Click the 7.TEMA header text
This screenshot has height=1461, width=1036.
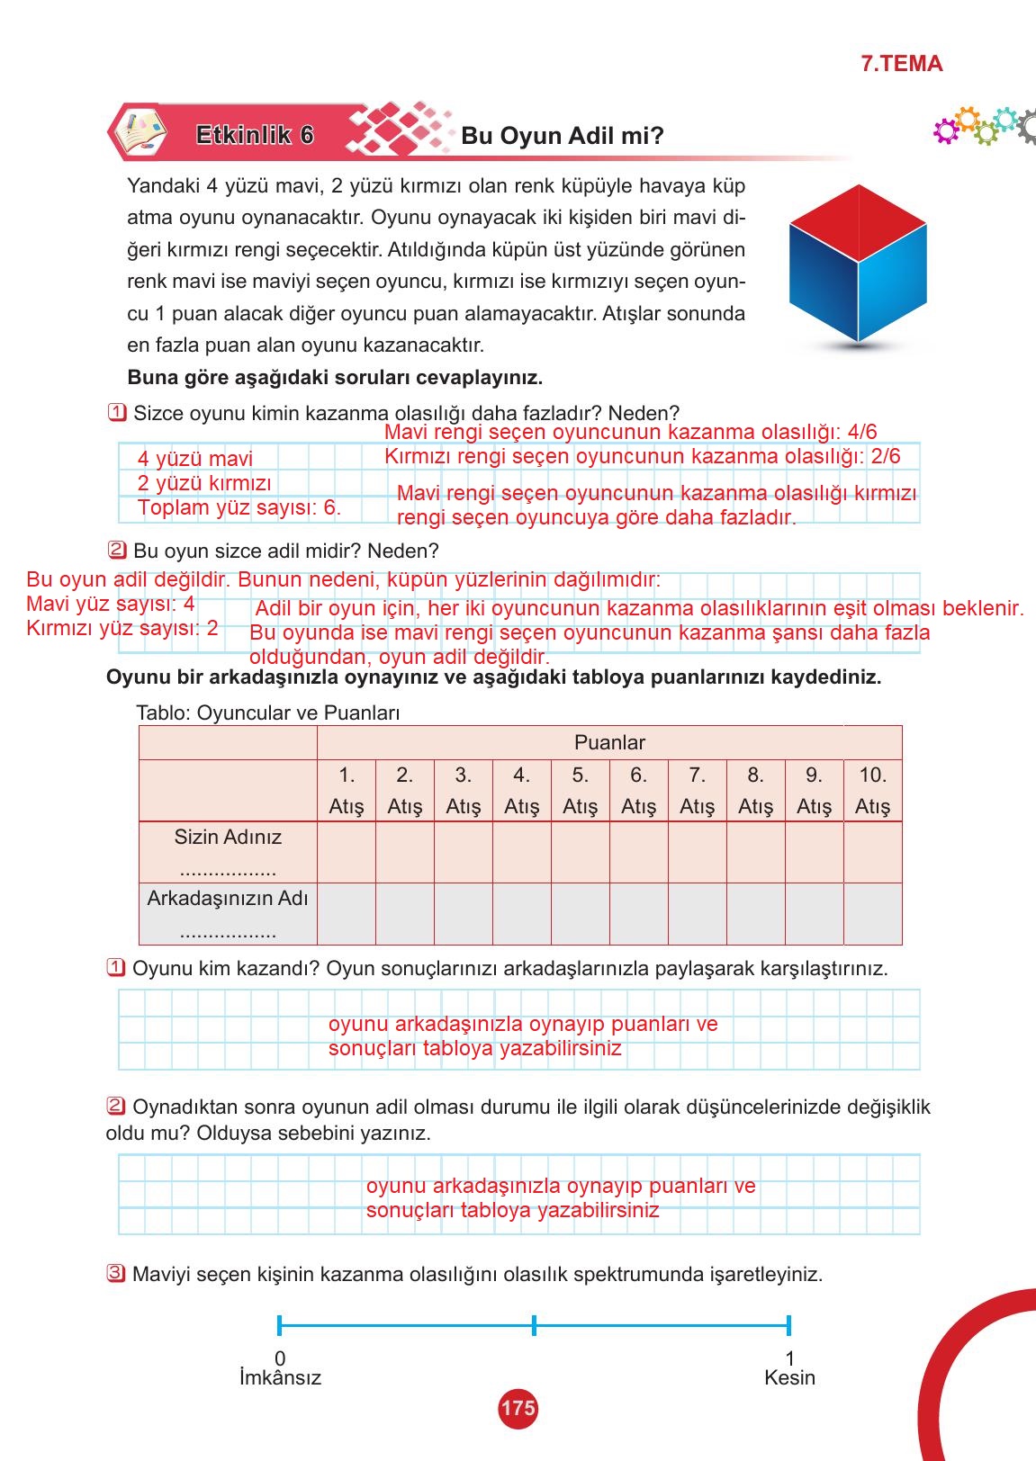901,64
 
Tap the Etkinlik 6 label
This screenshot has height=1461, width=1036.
255,135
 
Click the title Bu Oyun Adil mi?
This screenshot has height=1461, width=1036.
562,136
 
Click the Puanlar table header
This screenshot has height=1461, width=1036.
609,743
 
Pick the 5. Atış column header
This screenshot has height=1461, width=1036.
580,790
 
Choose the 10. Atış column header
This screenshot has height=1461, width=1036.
872,790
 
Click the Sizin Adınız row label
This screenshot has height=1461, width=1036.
228,838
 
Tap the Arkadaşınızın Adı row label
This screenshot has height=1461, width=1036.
228,899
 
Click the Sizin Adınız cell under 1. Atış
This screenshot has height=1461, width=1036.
347,851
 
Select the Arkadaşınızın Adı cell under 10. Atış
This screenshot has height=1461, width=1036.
872,914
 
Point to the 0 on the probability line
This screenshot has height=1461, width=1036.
280,1358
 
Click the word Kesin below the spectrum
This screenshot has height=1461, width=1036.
789,1378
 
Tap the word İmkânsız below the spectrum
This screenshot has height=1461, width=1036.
280,1378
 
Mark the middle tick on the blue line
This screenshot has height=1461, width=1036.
534,1325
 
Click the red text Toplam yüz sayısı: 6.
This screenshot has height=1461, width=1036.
239,507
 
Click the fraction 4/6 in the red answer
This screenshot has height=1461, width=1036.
862,432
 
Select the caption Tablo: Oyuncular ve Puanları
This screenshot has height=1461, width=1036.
267,713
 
